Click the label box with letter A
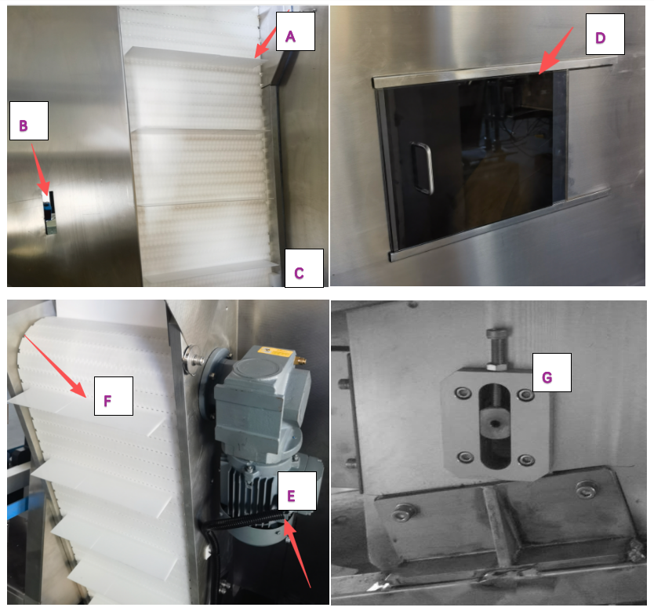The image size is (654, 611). [x=296, y=31]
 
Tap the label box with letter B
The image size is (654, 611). [x=29, y=121]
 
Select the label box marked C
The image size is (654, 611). [x=304, y=268]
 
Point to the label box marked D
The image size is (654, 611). [x=605, y=34]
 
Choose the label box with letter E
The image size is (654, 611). [x=297, y=491]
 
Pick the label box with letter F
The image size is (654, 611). [x=114, y=396]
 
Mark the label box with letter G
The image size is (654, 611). [x=552, y=373]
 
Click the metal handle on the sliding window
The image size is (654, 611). [x=422, y=169]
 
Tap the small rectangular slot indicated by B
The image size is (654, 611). [x=50, y=213]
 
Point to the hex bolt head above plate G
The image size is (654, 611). [x=497, y=333]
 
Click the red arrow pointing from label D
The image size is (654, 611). [x=555, y=51]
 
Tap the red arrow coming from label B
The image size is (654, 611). [x=41, y=169]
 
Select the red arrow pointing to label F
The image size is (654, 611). [x=56, y=366]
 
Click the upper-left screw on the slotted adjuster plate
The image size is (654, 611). [x=463, y=393]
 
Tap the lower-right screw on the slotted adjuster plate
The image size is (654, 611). [x=526, y=461]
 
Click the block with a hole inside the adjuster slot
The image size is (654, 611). [x=495, y=424]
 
